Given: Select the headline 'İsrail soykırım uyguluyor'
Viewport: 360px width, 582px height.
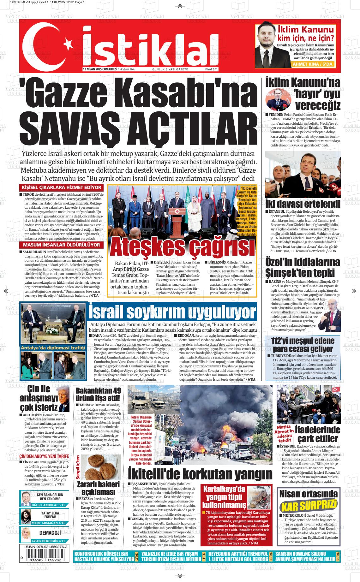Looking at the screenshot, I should (x=172, y=312).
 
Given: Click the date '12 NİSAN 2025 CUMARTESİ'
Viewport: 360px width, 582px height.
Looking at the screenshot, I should (x=100, y=69).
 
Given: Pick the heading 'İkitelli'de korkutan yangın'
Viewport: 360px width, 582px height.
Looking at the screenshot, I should (x=200, y=474).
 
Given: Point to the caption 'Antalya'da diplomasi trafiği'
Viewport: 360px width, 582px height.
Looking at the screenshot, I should (x=53, y=348).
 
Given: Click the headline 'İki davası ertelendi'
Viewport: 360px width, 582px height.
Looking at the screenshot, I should (x=303, y=204).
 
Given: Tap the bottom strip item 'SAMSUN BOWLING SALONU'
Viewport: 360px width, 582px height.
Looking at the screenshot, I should (x=300, y=554).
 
